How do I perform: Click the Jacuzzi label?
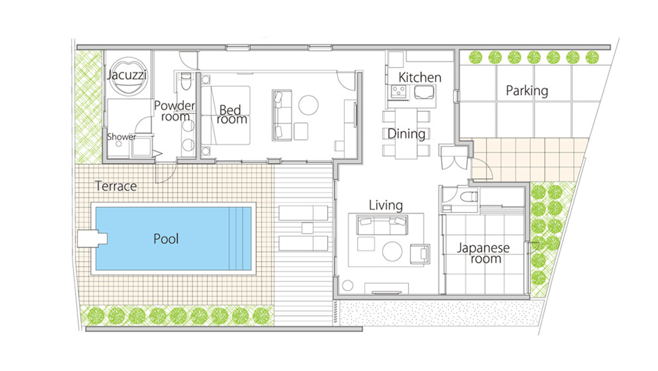(127, 75)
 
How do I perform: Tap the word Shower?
(121, 137)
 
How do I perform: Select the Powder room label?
(175, 111)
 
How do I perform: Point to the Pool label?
(166, 239)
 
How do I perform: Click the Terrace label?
(116, 186)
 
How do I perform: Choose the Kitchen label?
(420, 77)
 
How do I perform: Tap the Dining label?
(406, 134)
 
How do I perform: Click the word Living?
(386, 205)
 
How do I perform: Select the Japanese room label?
(483, 253)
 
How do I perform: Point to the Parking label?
(527, 91)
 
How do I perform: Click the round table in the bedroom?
(308, 105)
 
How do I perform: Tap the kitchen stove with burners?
(399, 92)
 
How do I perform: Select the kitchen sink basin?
(424, 92)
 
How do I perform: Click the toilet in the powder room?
(186, 81)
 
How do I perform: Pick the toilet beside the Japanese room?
(468, 197)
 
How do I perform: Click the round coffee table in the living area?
(392, 251)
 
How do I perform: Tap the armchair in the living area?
(420, 253)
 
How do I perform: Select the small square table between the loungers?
(307, 228)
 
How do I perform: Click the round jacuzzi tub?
(128, 76)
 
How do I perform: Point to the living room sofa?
(382, 225)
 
